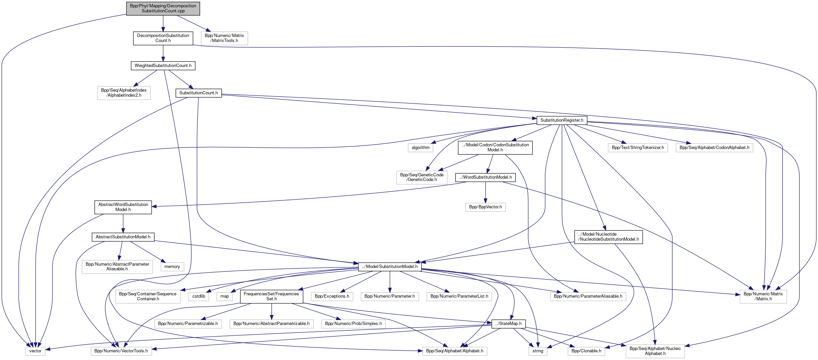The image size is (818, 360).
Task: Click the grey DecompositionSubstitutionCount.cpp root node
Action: [x=163, y=8]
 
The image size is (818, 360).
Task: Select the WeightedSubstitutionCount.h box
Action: [x=163, y=66]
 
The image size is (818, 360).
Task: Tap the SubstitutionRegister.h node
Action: [x=562, y=120]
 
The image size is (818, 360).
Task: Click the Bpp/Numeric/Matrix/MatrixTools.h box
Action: [x=224, y=38]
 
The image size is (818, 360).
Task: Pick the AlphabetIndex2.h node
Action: [x=124, y=93]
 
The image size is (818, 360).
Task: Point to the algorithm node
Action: [x=421, y=148]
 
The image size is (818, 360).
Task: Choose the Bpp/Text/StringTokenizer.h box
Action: [x=638, y=148]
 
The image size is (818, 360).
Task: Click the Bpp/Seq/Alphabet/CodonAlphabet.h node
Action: [x=714, y=148]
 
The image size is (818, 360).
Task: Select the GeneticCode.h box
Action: [x=422, y=177]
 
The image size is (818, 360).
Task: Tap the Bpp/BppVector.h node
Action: [x=485, y=207]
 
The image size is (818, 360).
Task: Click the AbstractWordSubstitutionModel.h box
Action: [x=123, y=207]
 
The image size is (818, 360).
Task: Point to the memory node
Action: [x=172, y=267]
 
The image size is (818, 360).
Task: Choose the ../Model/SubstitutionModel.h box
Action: [x=389, y=267]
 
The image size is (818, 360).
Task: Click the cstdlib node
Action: [x=199, y=296]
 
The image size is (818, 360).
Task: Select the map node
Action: [x=224, y=296]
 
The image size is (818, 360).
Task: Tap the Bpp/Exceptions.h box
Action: [x=332, y=296]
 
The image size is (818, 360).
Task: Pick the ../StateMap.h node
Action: [x=508, y=324]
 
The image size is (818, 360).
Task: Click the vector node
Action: [x=35, y=351]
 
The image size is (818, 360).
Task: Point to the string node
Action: [x=538, y=351]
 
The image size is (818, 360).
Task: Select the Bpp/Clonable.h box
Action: [x=586, y=351]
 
